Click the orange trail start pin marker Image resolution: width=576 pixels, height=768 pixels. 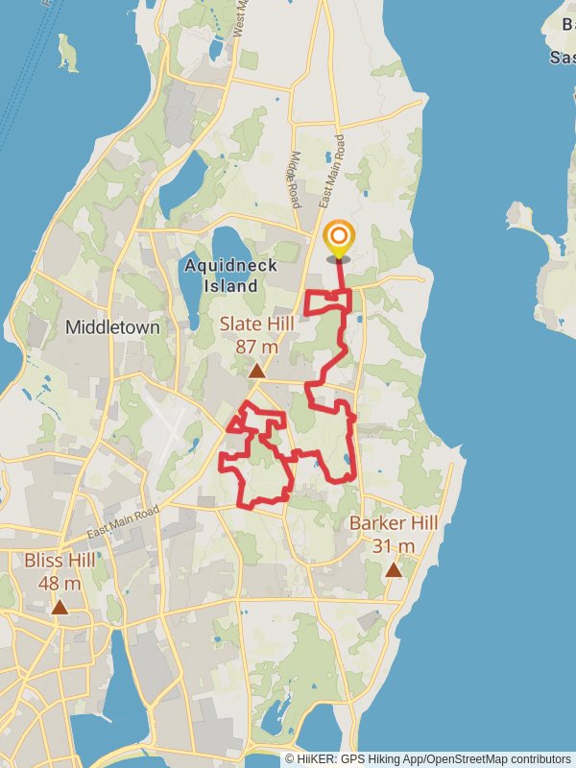point(338,238)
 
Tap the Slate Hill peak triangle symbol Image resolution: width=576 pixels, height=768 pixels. point(256,371)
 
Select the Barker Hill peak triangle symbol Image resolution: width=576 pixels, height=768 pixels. point(393,570)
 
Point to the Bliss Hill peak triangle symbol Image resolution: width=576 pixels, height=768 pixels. point(60,607)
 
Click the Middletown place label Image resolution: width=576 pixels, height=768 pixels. point(112,327)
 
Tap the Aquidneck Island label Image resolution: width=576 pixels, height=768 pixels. point(230,275)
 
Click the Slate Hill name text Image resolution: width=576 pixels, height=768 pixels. point(255,324)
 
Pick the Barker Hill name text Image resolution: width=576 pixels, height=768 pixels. point(393,523)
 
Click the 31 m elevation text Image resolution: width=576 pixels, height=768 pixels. point(393,546)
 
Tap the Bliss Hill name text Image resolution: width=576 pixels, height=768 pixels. point(60,560)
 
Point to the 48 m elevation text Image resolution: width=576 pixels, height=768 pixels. point(60,583)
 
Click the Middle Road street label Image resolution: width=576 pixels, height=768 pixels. point(296,180)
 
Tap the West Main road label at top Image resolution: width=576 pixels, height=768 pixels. point(238,19)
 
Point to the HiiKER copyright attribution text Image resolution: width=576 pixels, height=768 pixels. point(427,758)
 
